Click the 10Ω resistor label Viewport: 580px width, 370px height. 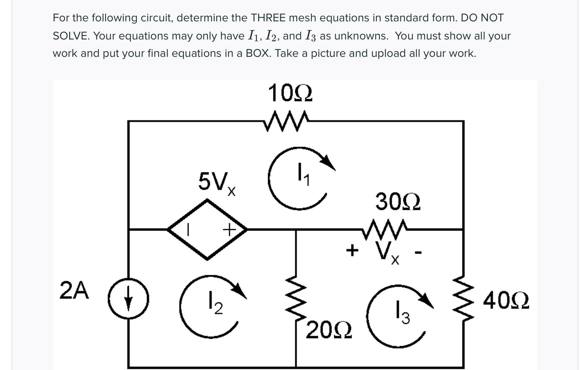(x=290, y=94)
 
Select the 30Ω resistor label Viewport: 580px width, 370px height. (x=398, y=202)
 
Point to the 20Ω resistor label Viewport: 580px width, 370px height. (x=329, y=331)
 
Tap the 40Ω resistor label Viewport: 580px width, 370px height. (x=506, y=300)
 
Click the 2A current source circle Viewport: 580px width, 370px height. (x=128, y=299)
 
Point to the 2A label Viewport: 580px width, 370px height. (x=74, y=291)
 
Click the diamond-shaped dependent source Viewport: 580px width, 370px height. (x=207, y=229)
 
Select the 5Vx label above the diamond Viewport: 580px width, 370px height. (x=217, y=183)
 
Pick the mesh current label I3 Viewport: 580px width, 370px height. (x=403, y=312)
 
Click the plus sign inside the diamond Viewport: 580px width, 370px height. (x=229, y=229)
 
